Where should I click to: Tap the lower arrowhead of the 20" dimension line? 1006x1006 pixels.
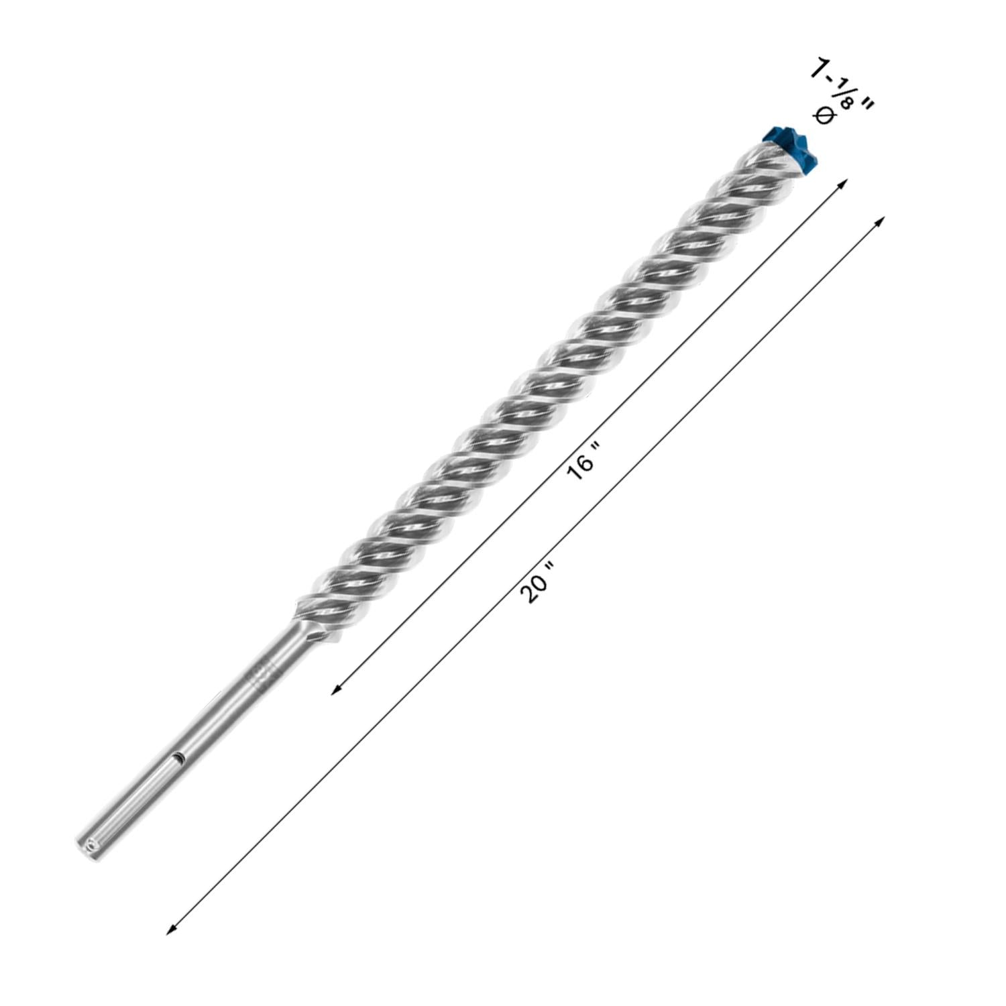coord(172,928)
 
